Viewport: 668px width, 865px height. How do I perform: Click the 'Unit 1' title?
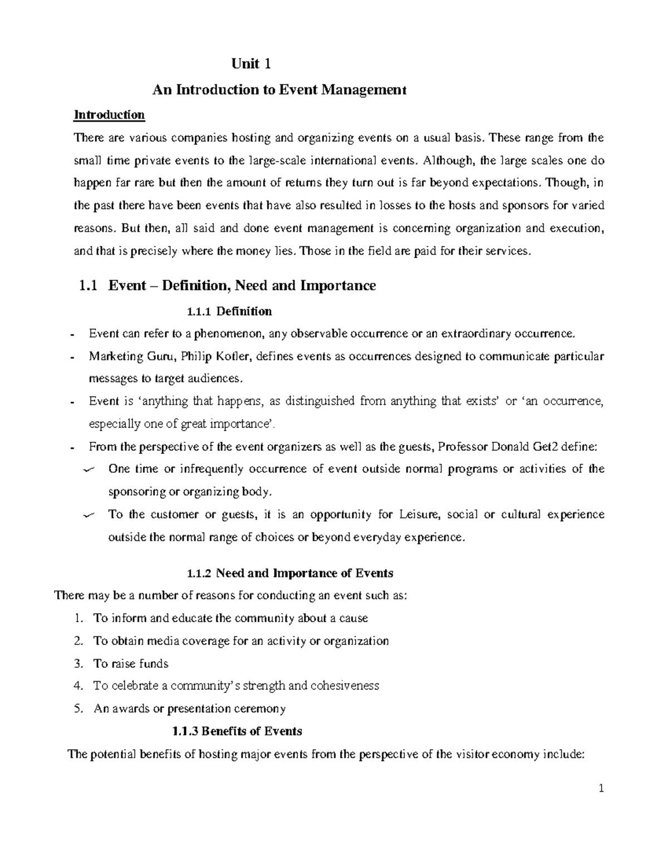[x=251, y=64]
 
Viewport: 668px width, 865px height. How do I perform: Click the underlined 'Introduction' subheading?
[x=109, y=115]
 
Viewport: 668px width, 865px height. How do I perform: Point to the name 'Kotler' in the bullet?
[x=236, y=356]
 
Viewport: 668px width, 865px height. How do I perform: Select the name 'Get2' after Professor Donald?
[x=559, y=446]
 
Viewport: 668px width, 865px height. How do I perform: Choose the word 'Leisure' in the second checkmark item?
[x=420, y=514]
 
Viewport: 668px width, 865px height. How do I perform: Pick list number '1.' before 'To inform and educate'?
[x=78, y=618]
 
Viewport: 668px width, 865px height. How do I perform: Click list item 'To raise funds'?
[x=130, y=663]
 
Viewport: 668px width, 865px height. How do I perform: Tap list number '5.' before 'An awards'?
[x=78, y=709]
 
